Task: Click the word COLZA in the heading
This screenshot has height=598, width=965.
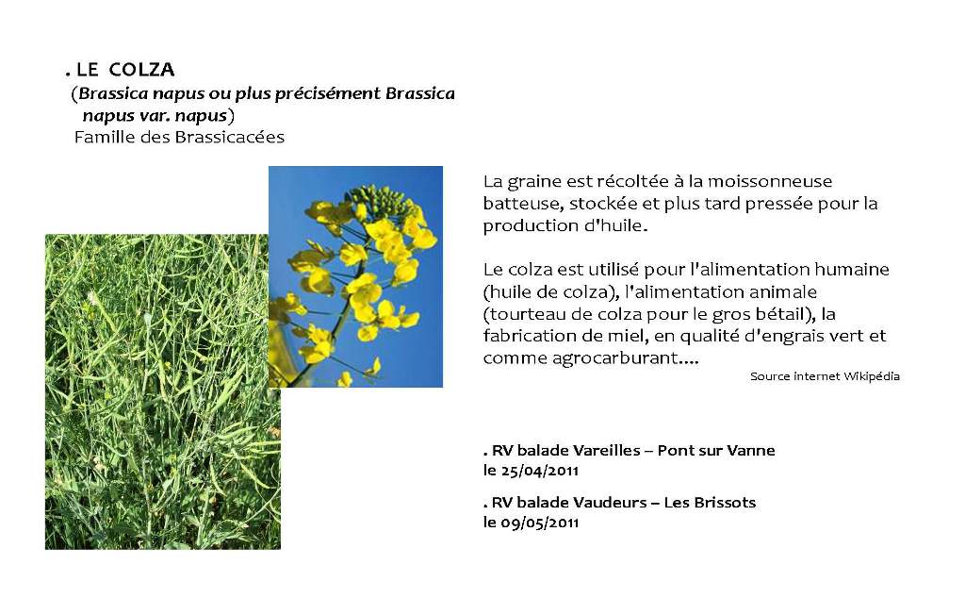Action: (141, 71)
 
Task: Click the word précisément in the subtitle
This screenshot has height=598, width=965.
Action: (327, 93)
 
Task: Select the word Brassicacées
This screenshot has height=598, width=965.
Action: (230, 138)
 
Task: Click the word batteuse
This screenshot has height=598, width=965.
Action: (521, 204)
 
